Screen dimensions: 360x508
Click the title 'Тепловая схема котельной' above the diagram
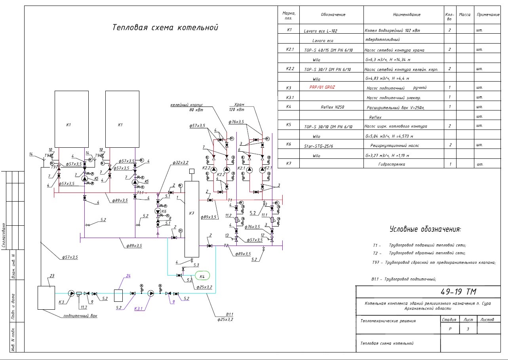coord(165,28)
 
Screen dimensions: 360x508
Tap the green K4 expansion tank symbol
coord(202,276)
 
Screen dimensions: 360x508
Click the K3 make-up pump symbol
coord(71,293)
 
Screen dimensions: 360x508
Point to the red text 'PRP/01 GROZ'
coord(322,87)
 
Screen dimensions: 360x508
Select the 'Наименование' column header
coord(407,15)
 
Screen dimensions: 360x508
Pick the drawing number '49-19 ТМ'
coord(458,292)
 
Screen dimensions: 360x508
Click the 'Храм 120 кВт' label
coord(237,107)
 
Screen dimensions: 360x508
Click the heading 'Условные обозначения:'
coord(425,229)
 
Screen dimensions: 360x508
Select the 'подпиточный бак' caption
coord(80,316)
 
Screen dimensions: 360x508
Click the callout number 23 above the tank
coord(52,276)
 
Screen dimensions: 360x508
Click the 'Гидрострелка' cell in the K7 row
coord(392,164)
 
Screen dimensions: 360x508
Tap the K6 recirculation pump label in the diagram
coord(164,212)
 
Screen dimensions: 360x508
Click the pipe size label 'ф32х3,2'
coord(180,163)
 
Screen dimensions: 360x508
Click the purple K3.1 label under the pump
coord(139,308)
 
